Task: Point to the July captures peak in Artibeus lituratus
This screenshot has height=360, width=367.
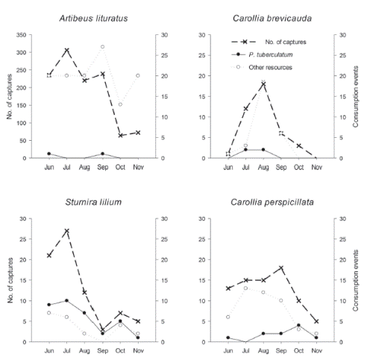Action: (67, 51)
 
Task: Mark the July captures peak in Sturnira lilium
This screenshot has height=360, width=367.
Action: (67, 231)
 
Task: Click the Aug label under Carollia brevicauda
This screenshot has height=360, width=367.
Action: (263, 165)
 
